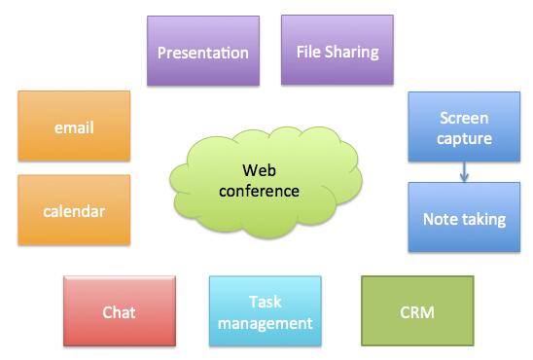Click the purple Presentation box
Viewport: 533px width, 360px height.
tap(203, 52)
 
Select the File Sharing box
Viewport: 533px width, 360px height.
tap(337, 51)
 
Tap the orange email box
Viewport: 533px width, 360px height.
tap(74, 126)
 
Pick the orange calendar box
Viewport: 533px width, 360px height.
tap(74, 209)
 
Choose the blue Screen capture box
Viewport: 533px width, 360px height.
tap(464, 127)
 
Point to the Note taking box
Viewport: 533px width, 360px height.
tap(464, 218)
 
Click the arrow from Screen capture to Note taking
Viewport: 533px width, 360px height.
tap(464, 172)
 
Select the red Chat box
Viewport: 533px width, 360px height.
tap(120, 312)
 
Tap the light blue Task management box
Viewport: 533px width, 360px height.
tap(265, 311)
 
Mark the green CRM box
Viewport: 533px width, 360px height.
tap(417, 312)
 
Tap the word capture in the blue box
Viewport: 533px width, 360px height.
tap(464, 138)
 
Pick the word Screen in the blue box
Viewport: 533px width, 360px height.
tap(464, 118)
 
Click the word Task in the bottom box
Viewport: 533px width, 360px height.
tap(265, 302)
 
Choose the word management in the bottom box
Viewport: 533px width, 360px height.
tap(265, 322)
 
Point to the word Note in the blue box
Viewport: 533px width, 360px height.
tap(441, 218)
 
